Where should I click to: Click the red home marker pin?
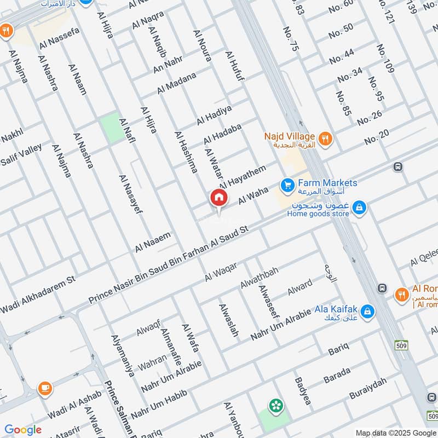(x=218, y=198)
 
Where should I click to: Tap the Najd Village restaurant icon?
(x=326, y=139)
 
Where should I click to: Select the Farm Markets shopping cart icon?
(x=286, y=186)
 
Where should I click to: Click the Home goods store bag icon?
(x=359, y=208)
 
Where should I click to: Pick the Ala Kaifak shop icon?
(x=367, y=311)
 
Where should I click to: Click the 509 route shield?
(x=401, y=345)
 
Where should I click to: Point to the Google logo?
(x=23, y=430)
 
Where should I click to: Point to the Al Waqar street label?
(x=221, y=272)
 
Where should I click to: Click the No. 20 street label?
(x=376, y=136)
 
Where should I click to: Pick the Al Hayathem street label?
(x=243, y=176)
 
